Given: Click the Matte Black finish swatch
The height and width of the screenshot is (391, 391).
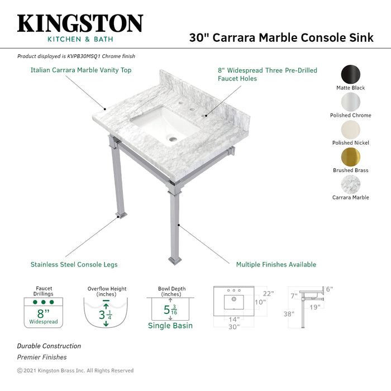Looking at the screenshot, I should pos(350,74).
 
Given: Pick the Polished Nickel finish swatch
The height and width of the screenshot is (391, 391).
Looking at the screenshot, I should pos(350,129).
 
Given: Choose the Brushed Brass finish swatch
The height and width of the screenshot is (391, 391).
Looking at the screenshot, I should pos(350,156).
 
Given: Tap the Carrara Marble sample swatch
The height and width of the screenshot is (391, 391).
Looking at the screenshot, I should pos(350,184).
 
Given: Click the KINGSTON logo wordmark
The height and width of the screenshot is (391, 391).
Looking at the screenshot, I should pos(80,23).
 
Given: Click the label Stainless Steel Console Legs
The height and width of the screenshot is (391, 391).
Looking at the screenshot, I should pos(74,264).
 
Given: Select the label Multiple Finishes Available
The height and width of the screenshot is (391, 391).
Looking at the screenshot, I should pos(276,264).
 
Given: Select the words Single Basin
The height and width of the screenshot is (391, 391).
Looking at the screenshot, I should pos(170,326).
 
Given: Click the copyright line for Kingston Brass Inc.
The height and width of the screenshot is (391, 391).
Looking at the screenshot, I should pos(75,370).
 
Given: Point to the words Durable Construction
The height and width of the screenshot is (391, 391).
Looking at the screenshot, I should pos(49,346).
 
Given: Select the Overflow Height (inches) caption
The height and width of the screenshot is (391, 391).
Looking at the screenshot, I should pos(107,292).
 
